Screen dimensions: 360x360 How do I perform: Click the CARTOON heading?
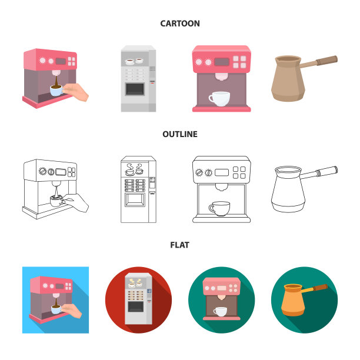click(180, 24)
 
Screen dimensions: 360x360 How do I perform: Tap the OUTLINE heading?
click(180, 134)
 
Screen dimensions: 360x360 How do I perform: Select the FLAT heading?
click(180, 245)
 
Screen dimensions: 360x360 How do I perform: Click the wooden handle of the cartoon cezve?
click(326, 61)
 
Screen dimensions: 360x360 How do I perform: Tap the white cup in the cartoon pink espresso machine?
click(219, 99)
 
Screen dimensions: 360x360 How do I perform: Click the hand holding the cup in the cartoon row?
click(76, 92)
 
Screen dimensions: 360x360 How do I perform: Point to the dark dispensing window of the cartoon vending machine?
click(135, 89)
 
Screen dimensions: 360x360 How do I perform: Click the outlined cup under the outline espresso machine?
click(219, 209)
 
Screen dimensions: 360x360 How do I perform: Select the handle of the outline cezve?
click(319, 173)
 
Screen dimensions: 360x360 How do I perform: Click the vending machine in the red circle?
click(138, 299)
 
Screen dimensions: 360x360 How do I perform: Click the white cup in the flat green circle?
click(220, 312)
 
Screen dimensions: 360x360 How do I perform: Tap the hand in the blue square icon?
click(72, 311)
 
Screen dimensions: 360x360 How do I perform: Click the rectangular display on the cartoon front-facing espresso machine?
click(222, 62)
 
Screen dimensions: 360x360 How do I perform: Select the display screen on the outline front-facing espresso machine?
click(222, 172)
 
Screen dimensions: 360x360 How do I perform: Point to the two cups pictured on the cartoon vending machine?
click(135, 61)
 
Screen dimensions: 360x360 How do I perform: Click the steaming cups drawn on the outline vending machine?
click(135, 169)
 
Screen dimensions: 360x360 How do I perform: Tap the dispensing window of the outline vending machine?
click(135, 200)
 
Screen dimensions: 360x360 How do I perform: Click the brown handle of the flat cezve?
click(320, 288)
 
